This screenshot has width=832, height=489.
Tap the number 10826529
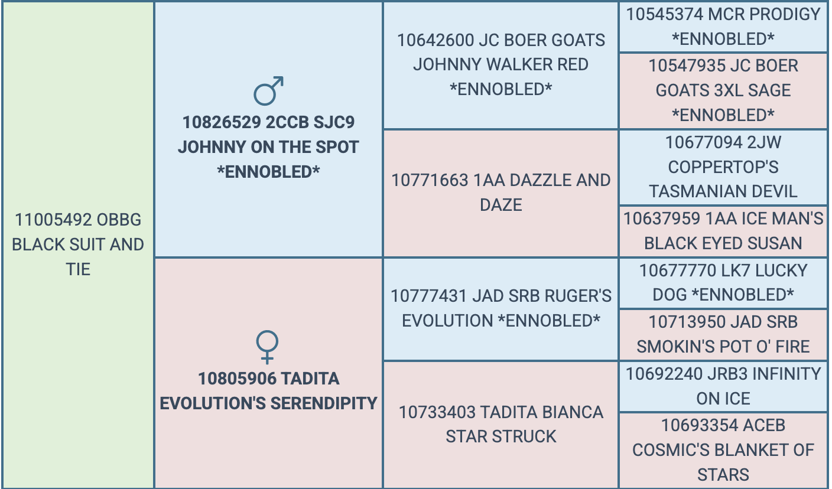222,122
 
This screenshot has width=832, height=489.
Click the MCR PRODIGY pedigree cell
723,27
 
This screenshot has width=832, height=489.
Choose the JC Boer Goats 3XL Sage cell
723,90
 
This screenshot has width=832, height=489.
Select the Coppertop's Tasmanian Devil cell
723,167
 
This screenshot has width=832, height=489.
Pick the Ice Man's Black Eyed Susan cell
723,231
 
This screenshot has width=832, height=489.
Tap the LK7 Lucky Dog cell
723,283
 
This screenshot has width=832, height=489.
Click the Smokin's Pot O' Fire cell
723,334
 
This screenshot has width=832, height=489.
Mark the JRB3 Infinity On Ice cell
723,386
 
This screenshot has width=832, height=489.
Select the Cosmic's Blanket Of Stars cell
723,450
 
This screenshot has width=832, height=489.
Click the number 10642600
435,41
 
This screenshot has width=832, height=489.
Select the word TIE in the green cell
78,269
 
